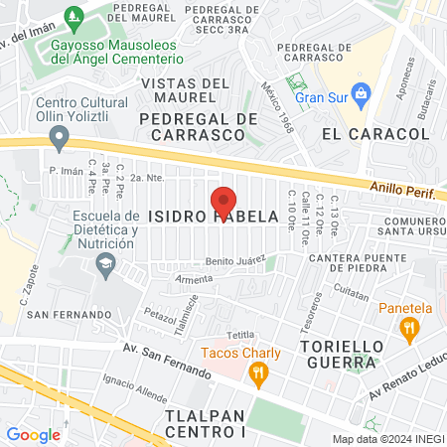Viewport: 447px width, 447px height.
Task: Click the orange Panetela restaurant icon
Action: click(407, 327)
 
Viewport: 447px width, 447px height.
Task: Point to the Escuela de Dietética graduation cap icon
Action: click(104, 263)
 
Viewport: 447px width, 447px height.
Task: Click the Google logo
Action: click(33, 434)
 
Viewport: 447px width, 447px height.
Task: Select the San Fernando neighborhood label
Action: click(69, 315)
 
